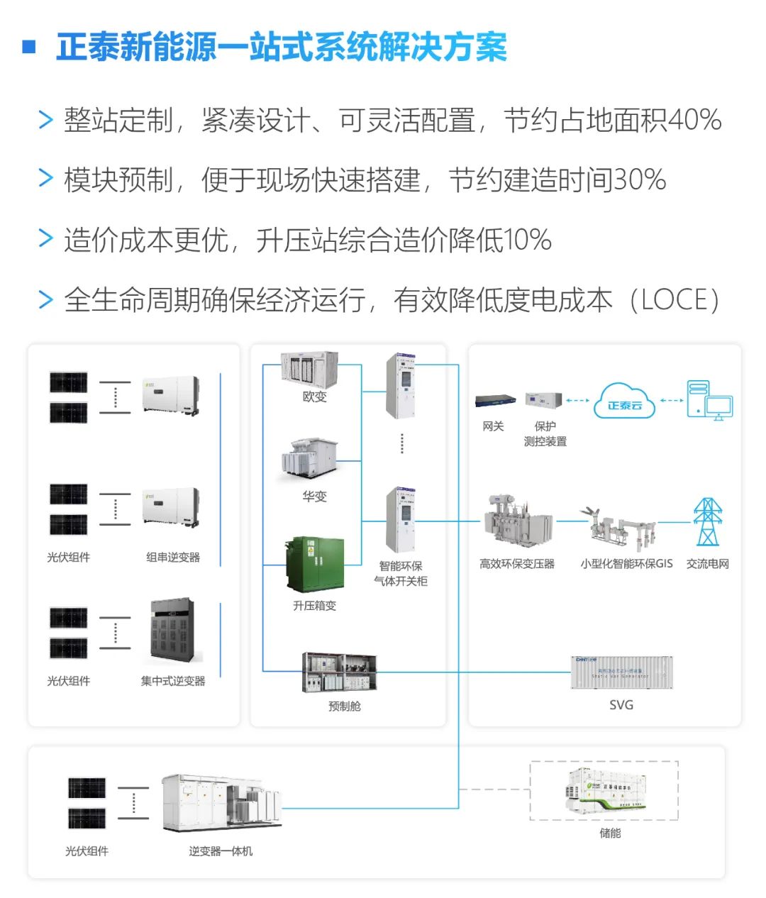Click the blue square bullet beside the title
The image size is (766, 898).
point(29,47)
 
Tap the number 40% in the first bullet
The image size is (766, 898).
point(694,120)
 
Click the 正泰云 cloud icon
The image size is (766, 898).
point(624,401)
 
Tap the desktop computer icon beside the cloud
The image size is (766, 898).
point(709,401)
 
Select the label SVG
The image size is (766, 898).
point(621,705)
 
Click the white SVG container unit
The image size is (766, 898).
point(621,672)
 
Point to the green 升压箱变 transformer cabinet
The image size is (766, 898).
point(315,565)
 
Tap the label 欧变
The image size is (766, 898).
point(314,397)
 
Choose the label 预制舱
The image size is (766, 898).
point(345,706)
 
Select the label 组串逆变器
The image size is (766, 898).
point(173,558)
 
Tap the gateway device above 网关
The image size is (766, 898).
point(494,401)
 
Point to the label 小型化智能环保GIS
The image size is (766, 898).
point(626,564)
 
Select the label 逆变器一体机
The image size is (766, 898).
point(221,851)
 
